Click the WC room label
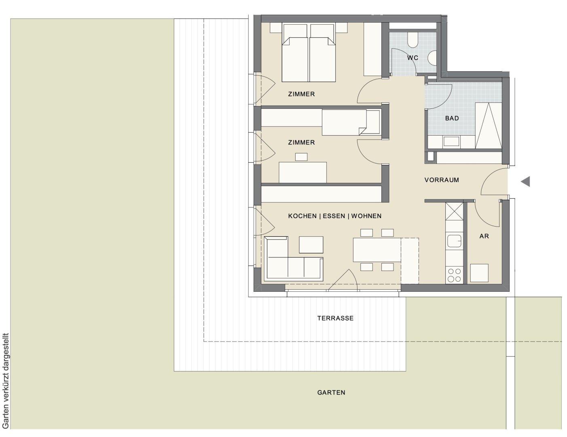[x=413, y=58]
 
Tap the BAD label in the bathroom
[x=452, y=118]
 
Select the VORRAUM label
[x=442, y=180]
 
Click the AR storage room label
[x=484, y=236]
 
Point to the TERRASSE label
[x=335, y=318]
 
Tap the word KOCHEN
[x=302, y=216]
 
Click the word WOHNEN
[x=366, y=216]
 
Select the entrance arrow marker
[x=525, y=181]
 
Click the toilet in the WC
[x=413, y=40]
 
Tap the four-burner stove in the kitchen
[x=454, y=276]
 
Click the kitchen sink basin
[x=454, y=241]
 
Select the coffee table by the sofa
[x=311, y=245]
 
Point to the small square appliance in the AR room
[x=479, y=273]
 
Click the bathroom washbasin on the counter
[x=451, y=142]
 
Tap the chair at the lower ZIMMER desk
[x=301, y=157]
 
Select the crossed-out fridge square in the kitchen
[x=454, y=211]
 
